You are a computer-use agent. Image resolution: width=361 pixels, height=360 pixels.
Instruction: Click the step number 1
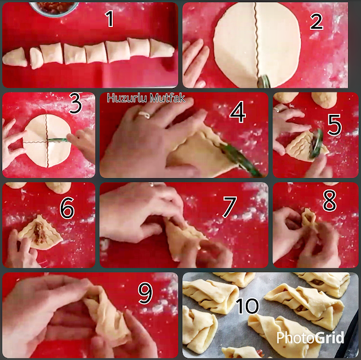109,19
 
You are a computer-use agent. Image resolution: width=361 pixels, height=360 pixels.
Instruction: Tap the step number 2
316,21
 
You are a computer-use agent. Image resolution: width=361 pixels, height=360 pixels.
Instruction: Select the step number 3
76,104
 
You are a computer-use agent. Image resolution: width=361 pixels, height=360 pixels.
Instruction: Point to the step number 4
237,112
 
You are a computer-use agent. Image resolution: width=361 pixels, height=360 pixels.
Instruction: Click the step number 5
334,125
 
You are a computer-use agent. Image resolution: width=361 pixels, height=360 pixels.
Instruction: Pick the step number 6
67,208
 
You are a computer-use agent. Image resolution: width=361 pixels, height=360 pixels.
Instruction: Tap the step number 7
230,207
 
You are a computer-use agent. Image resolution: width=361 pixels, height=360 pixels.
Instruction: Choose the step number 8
329,201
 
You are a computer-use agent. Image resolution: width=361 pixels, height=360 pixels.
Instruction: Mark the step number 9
146,293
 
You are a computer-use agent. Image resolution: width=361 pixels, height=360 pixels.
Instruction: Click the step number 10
247,306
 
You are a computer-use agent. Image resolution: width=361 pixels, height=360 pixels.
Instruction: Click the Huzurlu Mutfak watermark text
146,98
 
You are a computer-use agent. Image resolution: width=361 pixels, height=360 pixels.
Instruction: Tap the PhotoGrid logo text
310,337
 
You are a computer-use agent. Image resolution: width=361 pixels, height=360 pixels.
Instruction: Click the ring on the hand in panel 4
144,114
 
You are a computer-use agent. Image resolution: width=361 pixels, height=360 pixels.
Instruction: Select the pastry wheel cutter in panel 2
264,81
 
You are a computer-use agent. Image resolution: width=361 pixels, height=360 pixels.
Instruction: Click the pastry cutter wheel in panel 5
316,144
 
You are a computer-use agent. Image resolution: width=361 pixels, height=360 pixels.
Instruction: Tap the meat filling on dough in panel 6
39,232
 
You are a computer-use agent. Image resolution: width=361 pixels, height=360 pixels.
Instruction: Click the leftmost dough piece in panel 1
15,57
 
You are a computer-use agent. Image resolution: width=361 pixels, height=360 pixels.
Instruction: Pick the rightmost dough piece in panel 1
162,48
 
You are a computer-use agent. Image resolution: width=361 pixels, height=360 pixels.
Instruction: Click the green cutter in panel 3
58,140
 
